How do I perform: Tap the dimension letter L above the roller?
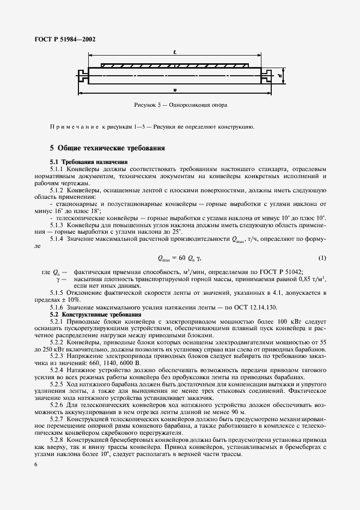click(174, 52)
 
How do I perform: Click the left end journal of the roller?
click(82, 75)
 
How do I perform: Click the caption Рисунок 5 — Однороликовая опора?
click(180, 104)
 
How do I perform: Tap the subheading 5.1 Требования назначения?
click(89, 162)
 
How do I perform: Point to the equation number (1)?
click(322, 257)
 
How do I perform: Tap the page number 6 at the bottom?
click(35, 464)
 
